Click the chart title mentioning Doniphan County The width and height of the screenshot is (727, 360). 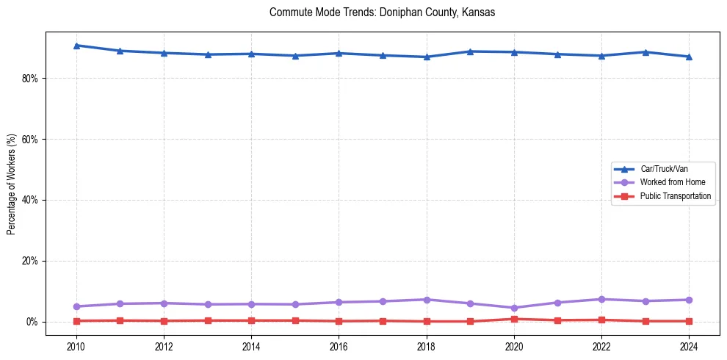(x=382, y=12)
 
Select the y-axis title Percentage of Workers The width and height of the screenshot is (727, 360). (x=11, y=184)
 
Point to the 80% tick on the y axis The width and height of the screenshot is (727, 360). (x=29, y=79)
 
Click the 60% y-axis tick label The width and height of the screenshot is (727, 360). (x=29, y=140)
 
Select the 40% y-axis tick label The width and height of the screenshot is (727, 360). (x=29, y=200)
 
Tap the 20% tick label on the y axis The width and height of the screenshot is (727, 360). (x=29, y=261)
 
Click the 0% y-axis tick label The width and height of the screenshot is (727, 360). (x=32, y=322)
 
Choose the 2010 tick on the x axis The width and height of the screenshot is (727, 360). (x=76, y=346)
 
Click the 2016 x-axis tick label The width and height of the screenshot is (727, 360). (x=339, y=346)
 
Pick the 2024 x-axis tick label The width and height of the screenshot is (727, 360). (x=689, y=346)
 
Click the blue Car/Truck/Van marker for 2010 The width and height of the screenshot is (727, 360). (x=76, y=46)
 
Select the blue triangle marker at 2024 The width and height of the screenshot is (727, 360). (x=689, y=57)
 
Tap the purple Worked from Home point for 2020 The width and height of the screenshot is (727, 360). (x=514, y=308)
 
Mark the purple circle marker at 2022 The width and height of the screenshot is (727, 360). (x=601, y=299)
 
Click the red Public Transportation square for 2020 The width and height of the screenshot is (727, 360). (x=514, y=319)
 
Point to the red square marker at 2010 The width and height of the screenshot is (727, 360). (x=76, y=321)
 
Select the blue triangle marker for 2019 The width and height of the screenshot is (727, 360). (x=470, y=51)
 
